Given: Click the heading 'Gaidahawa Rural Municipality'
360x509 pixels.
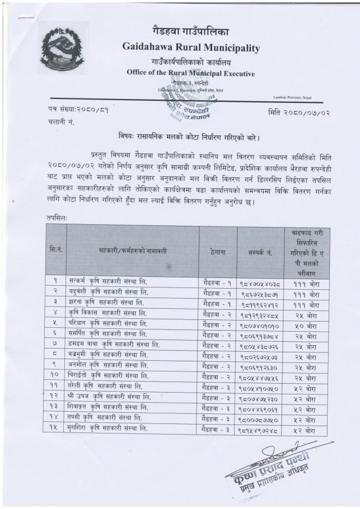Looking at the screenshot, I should click(x=190, y=48).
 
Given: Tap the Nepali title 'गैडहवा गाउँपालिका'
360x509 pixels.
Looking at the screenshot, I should click(x=190, y=30).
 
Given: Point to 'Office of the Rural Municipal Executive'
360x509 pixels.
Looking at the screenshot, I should click(x=190, y=73).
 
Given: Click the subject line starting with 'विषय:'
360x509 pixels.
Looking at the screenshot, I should click(x=190, y=137).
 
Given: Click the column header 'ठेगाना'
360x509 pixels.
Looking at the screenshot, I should click(x=218, y=252).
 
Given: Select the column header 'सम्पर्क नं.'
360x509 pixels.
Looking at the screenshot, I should click(x=260, y=253).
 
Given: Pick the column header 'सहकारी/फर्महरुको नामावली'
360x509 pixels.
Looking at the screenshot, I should click(x=132, y=253).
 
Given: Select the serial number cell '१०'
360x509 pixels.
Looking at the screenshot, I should click(x=55, y=376).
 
